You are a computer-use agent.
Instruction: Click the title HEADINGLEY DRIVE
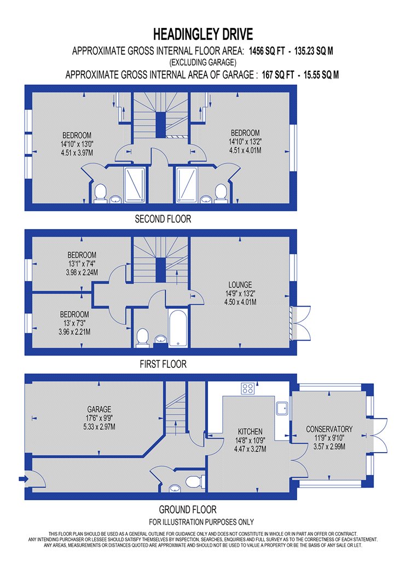(x=203, y=34)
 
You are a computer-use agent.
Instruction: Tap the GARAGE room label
(x=99, y=409)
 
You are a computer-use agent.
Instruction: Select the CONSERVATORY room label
(x=329, y=429)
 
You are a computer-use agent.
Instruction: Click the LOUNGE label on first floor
(x=240, y=284)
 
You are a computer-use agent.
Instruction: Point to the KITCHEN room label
(x=250, y=432)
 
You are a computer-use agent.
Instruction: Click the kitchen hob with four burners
(x=248, y=388)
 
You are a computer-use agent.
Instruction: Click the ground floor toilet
(x=195, y=482)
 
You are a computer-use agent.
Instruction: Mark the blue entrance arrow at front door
(x=23, y=478)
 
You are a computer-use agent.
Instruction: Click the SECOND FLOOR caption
(x=163, y=219)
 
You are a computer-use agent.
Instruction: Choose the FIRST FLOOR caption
(x=163, y=364)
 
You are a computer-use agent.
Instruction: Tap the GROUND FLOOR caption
(x=188, y=509)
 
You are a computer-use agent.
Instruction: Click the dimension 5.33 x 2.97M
(x=99, y=426)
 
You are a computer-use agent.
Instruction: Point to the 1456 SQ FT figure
(x=267, y=51)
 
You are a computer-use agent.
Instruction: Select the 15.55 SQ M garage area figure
(x=321, y=75)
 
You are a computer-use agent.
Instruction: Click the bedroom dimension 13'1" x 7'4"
(x=82, y=263)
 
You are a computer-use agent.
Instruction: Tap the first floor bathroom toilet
(x=142, y=337)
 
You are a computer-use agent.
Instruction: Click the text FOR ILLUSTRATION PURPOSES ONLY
(x=201, y=522)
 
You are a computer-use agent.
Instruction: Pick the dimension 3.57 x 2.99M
(x=329, y=447)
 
